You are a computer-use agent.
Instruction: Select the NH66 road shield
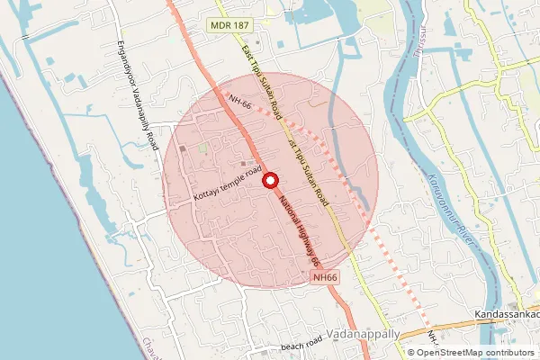[326, 279]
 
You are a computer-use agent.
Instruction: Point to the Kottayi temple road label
[226, 183]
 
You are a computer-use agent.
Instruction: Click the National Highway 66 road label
[300, 230]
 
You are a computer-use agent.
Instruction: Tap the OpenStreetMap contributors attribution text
[468, 353]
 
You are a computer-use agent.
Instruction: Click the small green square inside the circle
[202, 148]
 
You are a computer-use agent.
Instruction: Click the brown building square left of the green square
[183, 149]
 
